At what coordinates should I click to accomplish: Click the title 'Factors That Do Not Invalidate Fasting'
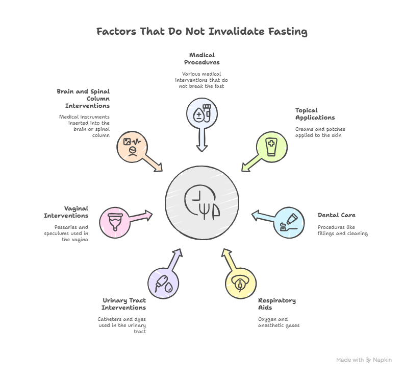[x=202, y=32]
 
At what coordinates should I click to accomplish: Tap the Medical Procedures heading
[x=202, y=58]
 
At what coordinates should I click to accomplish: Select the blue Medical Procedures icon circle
[x=202, y=113]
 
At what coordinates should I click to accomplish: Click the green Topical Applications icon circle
[x=271, y=147]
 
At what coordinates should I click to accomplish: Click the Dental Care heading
[x=336, y=215]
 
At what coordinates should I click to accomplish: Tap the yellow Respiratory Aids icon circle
[x=241, y=284]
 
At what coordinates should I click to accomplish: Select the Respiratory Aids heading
[x=277, y=304]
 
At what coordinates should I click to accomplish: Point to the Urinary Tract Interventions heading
[x=124, y=304]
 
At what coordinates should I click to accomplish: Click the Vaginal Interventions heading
[x=66, y=212]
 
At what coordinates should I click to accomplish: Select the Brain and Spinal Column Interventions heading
[x=84, y=99]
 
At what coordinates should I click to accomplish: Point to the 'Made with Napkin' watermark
[x=364, y=360]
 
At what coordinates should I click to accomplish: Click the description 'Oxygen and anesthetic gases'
[x=279, y=322]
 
